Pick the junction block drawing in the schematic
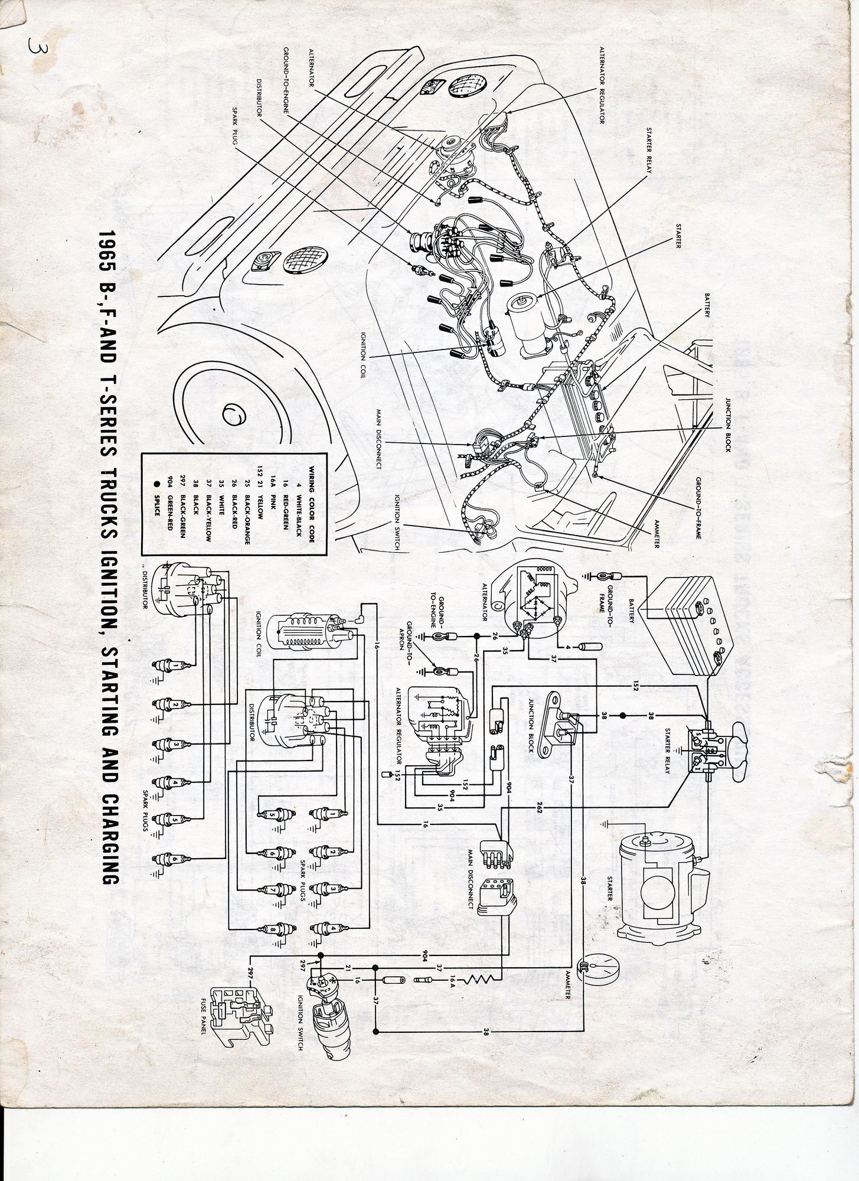tap(554, 723)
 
